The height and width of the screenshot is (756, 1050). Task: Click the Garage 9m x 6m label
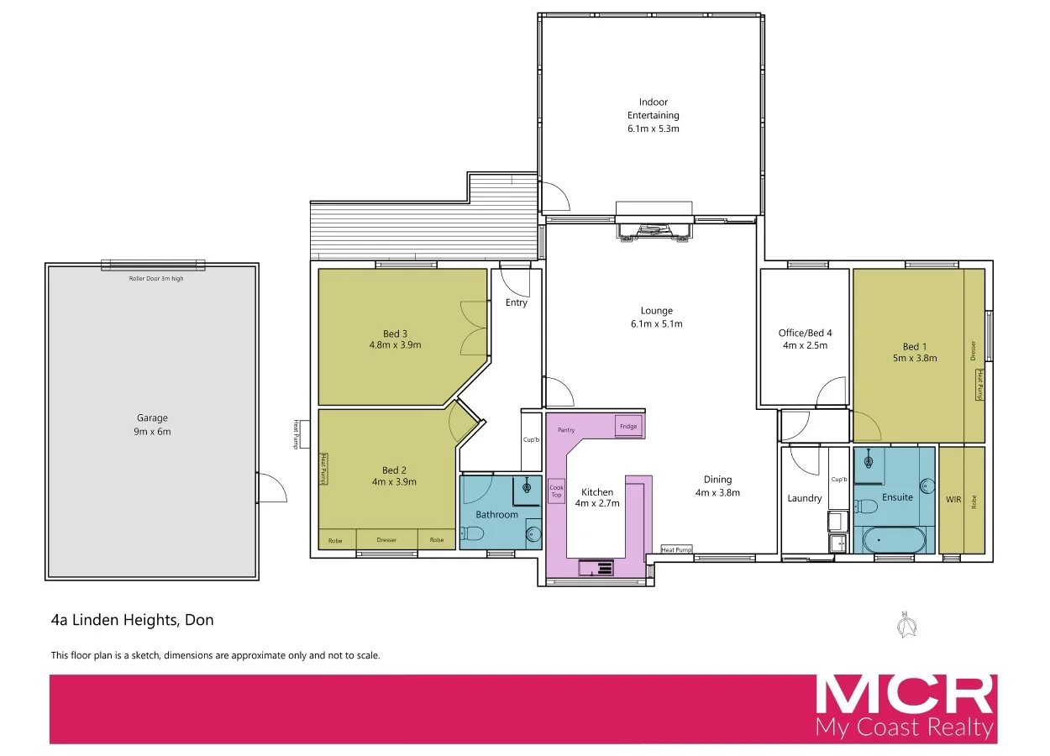click(x=153, y=424)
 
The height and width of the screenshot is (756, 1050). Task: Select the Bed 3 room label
click(x=394, y=339)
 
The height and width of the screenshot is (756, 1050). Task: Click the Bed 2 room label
click(x=394, y=475)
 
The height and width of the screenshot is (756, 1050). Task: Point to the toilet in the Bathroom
click(x=472, y=533)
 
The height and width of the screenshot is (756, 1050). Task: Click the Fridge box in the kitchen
click(x=628, y=426)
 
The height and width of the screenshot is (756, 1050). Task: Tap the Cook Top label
click(x=557, y=491)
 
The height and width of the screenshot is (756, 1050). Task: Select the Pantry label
click(x=566, y=430)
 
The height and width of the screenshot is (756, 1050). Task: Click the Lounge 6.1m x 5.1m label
click(x=656, y=317)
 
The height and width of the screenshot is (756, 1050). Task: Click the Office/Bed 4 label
click(x=805, y=339)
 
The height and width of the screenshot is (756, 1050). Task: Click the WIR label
click(x=953, y=499)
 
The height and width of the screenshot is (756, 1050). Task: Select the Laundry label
click(x=805, y=498)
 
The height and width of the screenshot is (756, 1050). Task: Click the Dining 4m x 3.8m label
click(x=717, y=486)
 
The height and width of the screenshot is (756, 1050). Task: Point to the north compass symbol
click(x=906, y=623)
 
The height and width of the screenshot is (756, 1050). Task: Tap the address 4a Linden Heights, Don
click(x=133, y=621)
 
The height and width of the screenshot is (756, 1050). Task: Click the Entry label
click(x=517, y=302)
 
